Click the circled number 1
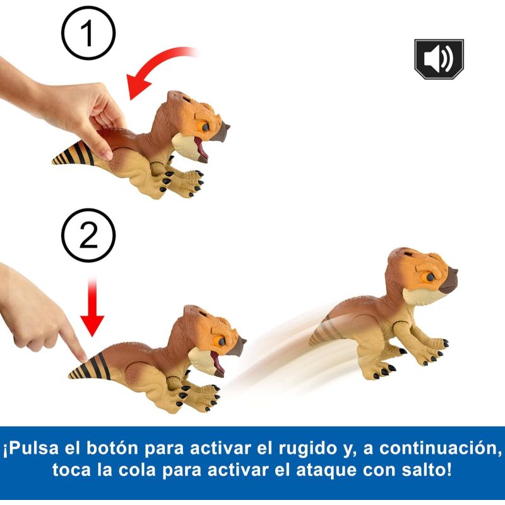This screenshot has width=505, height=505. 88,33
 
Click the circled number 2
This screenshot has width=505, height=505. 88,235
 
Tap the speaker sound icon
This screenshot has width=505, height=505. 439,59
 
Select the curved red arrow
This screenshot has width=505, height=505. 155,64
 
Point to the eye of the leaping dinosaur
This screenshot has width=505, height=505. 431,276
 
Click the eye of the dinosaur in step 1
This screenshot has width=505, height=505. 205,128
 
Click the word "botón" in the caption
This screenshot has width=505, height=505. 112,448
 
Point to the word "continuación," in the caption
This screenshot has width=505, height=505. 440,448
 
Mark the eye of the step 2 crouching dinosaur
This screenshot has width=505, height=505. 222,342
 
